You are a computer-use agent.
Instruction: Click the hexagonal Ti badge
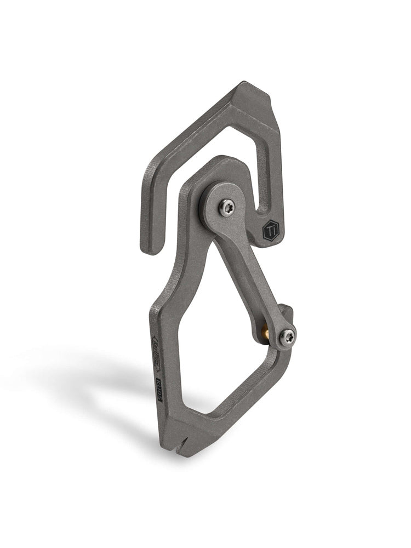[x=271, y=230]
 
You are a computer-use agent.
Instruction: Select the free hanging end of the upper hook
[x=149, y=241]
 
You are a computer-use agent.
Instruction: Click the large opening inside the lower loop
[x=214, y=340]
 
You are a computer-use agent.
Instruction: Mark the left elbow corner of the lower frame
[x=156, y=312]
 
